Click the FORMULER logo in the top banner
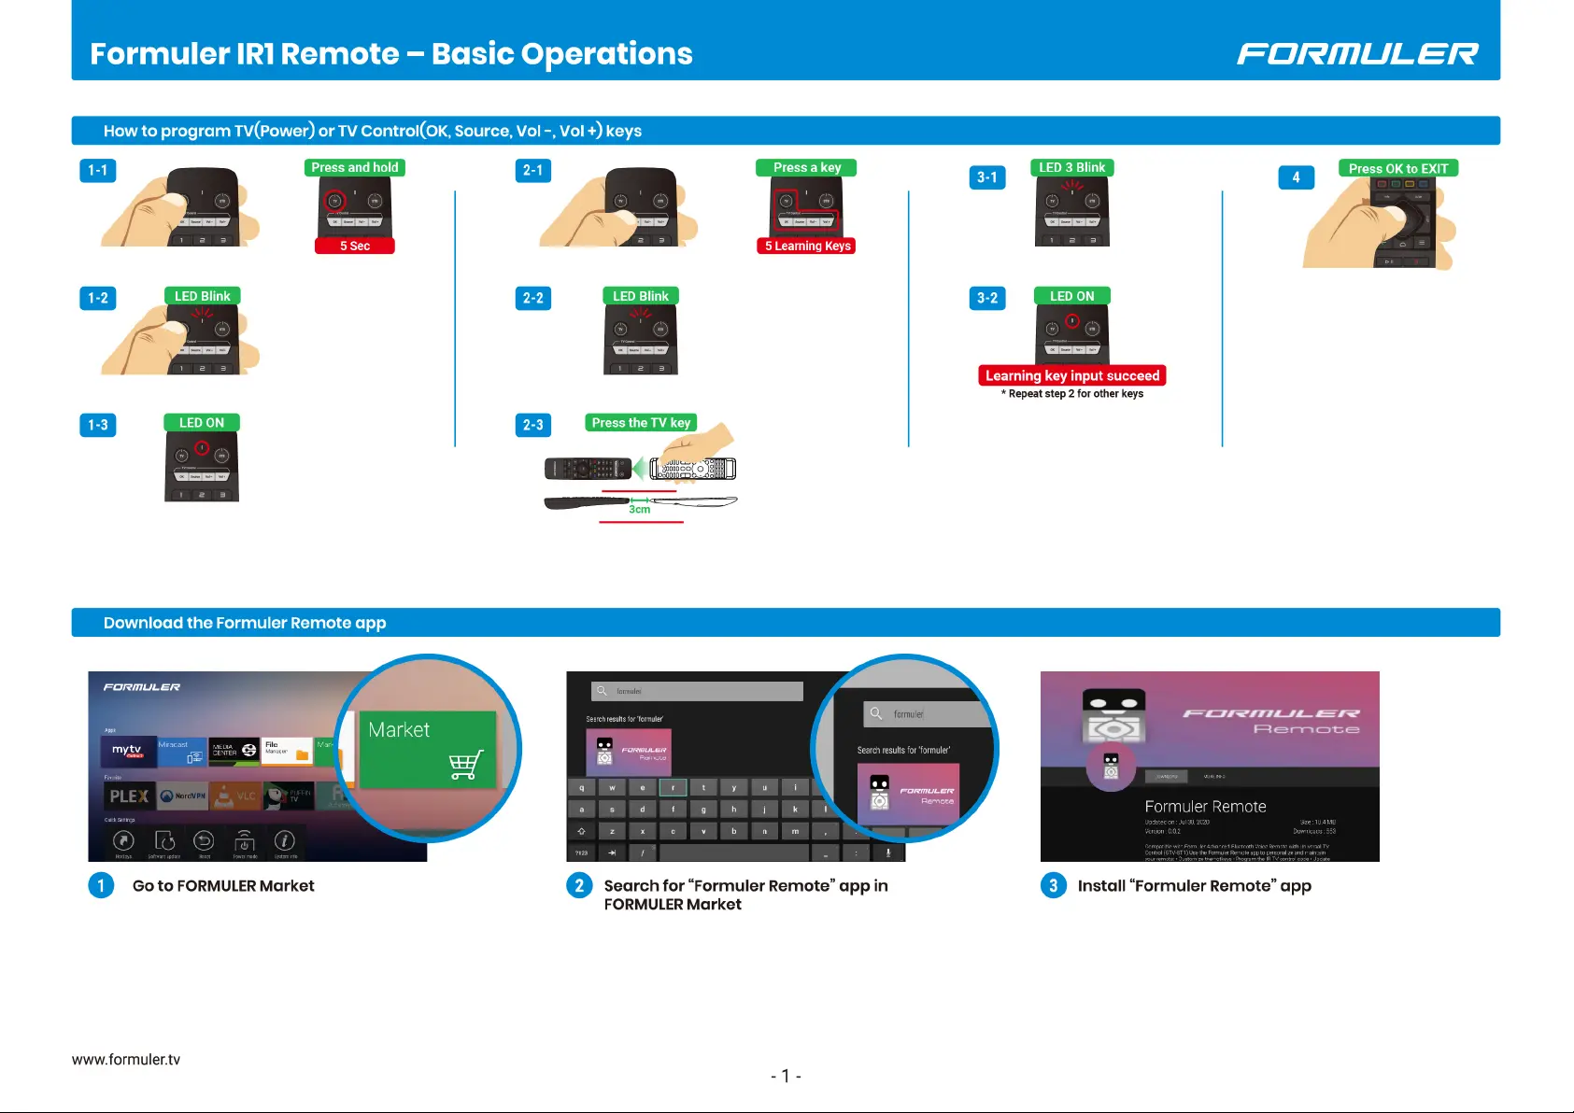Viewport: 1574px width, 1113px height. pos(1356,54)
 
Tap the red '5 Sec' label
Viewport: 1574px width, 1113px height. pos(355,246)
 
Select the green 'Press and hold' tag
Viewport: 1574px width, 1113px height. pos(355,168)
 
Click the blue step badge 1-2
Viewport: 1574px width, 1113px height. pos(98,299)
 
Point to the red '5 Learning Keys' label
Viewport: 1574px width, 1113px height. pos(807,246)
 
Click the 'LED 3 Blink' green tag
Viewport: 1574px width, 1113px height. pos(1071,168)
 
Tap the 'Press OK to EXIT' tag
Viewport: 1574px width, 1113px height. pos(1397,169)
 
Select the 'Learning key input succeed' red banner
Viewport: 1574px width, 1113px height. pos(1071,375)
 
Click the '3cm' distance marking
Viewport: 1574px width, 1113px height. pos(639,509)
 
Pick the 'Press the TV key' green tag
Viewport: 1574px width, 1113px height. pos(641,423)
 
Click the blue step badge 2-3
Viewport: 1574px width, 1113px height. pos(533,426)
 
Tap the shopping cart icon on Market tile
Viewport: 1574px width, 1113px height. pos(465,765)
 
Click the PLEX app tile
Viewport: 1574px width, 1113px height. pos(129,796)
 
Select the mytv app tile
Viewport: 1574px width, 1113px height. pos(128,751)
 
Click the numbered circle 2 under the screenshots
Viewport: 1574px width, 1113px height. pos(579,885)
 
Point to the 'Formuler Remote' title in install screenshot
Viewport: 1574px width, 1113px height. pos(1205,807)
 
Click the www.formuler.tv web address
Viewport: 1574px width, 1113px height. pos(126,1060)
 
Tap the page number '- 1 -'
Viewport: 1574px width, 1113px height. pos(786,1077)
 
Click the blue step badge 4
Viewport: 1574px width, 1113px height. pos(1296,177)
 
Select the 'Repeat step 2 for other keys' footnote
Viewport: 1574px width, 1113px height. pos(1072,394)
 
